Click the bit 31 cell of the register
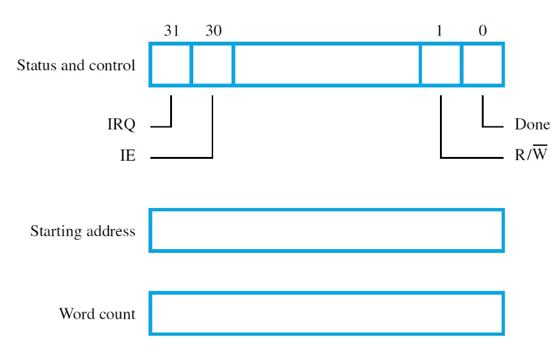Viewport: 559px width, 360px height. pos(170,64)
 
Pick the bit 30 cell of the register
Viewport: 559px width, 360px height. pos(212,64)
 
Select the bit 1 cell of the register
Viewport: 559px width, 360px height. pos(441,64)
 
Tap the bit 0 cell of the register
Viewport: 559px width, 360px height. pos(482,64)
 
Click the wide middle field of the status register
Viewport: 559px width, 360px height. pos(326,64)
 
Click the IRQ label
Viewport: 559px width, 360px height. pos(121,125)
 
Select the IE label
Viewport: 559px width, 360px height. pos(128,156)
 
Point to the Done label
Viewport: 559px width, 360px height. pos(532,125)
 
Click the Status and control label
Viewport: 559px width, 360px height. pos(76,65)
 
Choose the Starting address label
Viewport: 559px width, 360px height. pos(82,231)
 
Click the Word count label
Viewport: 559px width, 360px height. pos(97,313)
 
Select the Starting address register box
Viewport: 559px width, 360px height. pos(326,230)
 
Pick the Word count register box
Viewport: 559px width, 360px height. pos(326,313)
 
